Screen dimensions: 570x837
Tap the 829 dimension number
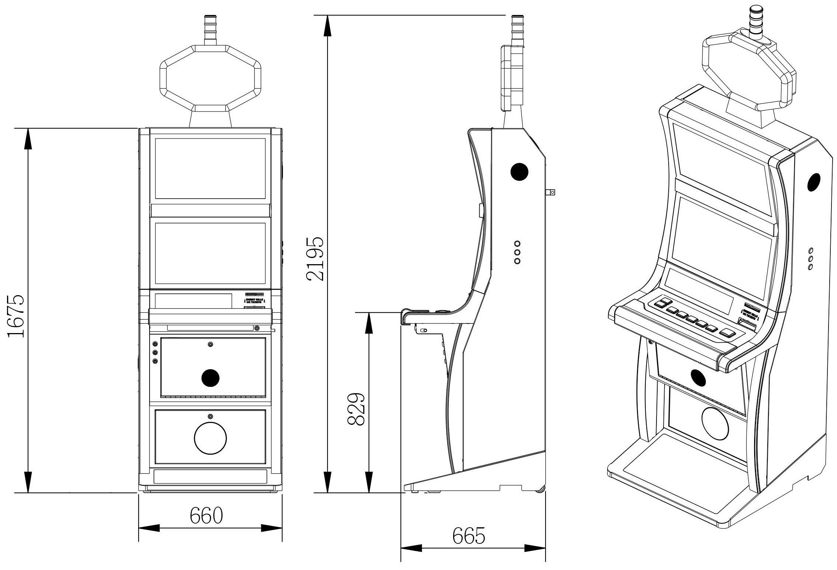tap(356, 409)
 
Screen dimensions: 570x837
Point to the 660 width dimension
tap(206, 515)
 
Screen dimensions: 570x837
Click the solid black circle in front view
tap(211, 378)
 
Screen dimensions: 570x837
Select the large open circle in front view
tap(210, 438)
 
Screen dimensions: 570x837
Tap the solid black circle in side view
tap(519, 171)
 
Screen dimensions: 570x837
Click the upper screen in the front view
tap(210, 169)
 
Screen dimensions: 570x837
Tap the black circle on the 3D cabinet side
tap(814, 182)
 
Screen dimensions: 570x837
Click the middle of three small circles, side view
tap(517, 252)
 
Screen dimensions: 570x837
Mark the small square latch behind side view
tap(551, 192)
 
